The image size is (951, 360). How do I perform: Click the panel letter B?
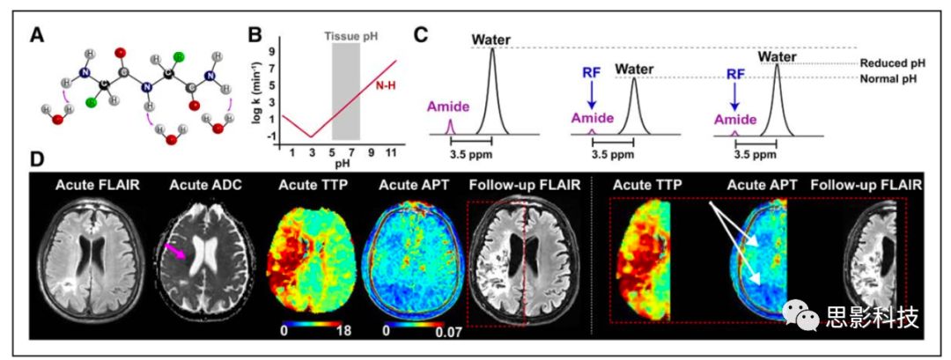coord(255,35)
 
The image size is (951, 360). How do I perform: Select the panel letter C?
coord(422,35)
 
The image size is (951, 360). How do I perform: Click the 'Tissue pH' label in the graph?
coord(346,38)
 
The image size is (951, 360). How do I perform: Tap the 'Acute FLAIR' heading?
coord(94,185)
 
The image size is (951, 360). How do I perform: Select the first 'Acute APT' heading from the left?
coord(410,185)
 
